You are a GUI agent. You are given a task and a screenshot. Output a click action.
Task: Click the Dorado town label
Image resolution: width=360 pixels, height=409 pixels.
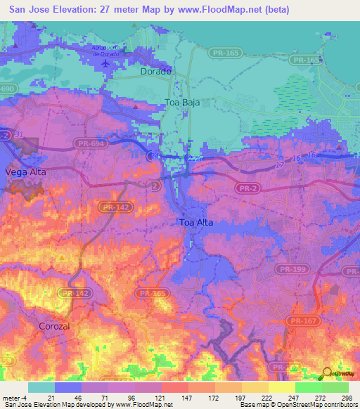[x=155, y=72]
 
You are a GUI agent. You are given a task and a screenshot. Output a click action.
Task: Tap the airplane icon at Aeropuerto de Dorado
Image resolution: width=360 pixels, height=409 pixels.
[x=106, y=63]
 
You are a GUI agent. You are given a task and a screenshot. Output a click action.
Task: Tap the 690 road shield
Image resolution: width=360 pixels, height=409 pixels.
[x=6, y=89]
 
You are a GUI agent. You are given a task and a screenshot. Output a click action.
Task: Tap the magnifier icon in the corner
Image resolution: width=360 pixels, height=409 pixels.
[x=328, y=373]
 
